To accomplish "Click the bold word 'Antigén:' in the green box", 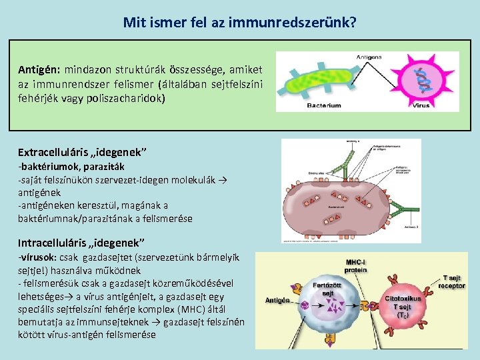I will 40,70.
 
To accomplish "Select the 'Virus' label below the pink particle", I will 421,105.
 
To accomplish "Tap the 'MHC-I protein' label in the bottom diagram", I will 355,266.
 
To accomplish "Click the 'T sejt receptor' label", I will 451,281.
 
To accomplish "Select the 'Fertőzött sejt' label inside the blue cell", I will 328,289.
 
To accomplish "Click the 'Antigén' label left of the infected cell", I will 277,300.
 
